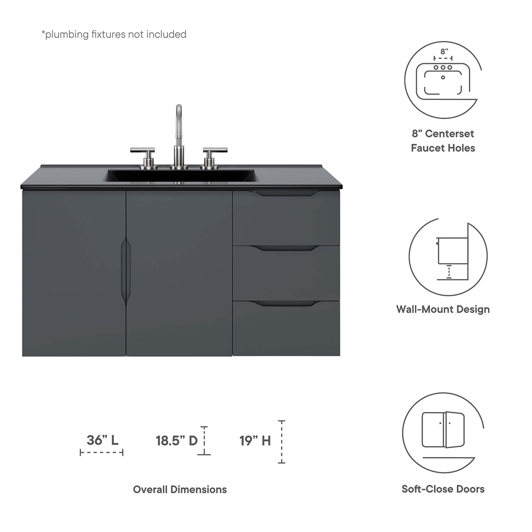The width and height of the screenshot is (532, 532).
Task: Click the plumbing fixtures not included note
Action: tap(114, 34)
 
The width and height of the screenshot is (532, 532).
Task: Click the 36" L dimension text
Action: tap(102, 440)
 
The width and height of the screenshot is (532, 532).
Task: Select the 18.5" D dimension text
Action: tap(177, 441)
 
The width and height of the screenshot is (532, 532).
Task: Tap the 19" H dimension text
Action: tap(255, 441)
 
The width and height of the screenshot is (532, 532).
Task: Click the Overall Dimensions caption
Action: tap(180, 490)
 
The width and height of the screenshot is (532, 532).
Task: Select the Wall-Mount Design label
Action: tap(443, 309)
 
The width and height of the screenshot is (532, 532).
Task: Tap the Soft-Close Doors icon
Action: tap(443, 431)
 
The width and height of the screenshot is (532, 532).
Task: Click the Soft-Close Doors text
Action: tap(443, 489)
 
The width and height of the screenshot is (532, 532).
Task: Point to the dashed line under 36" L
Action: tap(101, 452)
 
